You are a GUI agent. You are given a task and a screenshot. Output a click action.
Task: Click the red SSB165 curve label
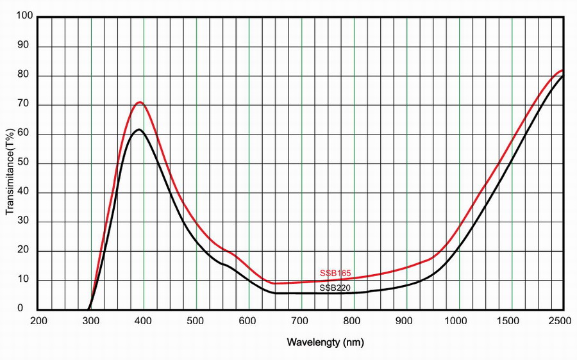point(335,274)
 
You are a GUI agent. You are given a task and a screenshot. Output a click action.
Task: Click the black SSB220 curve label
point(335,288)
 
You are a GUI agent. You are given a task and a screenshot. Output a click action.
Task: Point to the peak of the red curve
point(138,102)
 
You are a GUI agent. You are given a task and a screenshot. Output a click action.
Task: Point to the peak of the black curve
point(138,129)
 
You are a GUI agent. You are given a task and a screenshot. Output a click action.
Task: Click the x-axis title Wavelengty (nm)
point(325,343)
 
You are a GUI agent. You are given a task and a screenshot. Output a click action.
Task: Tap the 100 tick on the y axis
point(25,17)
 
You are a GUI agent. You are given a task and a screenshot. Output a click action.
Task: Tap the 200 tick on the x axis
point(39,320)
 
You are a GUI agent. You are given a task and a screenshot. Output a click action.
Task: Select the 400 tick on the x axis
point(144,320)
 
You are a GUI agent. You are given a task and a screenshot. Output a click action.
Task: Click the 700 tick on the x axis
point(301,320)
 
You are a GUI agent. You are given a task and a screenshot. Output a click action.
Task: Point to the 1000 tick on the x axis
point(459,320)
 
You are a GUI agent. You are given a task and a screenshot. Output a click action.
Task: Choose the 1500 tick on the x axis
point(512,320)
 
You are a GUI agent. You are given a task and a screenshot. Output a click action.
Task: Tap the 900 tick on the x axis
point(406,320)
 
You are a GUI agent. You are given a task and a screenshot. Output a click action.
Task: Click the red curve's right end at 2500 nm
point(563,70)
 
